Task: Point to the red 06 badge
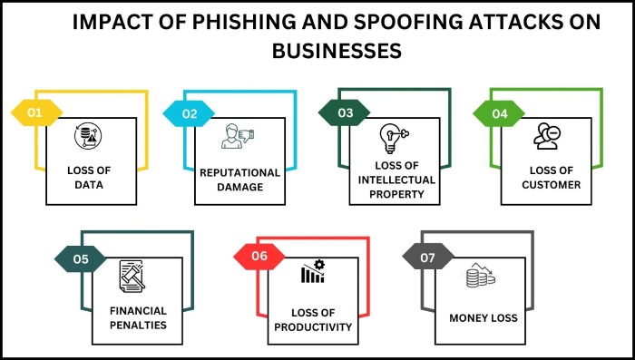260,257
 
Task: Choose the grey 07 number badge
426,258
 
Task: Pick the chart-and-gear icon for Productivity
312,274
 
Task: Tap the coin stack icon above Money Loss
480,277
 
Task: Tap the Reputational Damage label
239,179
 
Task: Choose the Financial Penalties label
139,317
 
